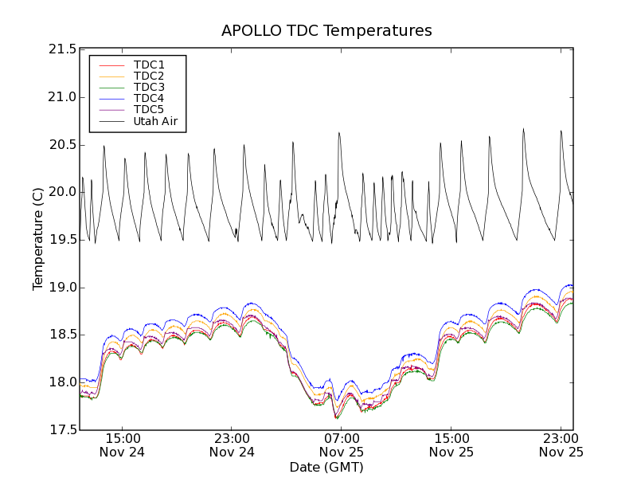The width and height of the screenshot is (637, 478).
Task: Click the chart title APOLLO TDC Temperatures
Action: click(326, 31)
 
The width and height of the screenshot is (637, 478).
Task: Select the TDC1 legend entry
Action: click(149, 65)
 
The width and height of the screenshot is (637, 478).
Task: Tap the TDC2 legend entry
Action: click(149, 76)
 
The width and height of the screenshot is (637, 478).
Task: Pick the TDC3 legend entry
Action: click(149, 87)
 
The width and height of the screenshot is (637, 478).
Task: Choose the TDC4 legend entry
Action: click(149, 98)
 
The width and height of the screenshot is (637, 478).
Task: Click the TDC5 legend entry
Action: click(149, 109)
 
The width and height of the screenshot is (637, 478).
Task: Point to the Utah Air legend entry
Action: click(155, 121)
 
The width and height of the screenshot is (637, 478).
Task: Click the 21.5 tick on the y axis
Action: click(62, 49)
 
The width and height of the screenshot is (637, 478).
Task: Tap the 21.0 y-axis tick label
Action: click(62, 97)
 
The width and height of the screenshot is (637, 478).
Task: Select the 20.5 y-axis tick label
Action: click(62, 145)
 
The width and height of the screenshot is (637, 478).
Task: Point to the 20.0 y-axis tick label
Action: click(62, 192)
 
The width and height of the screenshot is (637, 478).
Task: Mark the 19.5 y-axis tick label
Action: click(62, 240)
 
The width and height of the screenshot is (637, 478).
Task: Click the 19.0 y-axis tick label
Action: click(62, 288)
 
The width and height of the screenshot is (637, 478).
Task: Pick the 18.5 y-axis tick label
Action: click(62, 335)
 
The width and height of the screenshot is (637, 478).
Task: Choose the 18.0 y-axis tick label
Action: click(62, 382)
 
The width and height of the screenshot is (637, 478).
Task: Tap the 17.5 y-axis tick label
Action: click(62, 430)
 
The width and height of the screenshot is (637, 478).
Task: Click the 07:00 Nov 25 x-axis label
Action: click(342, 445)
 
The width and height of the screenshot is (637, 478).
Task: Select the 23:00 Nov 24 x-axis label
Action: click(232, 445)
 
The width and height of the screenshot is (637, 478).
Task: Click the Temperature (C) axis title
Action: click(38, 239)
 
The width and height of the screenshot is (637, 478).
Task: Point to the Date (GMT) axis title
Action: click(326, 467)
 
